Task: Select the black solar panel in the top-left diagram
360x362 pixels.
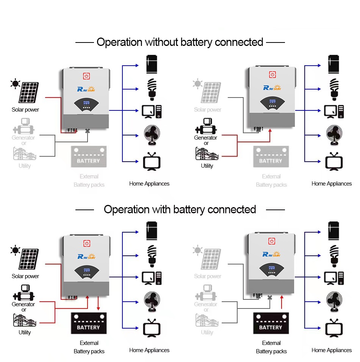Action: (29, 91)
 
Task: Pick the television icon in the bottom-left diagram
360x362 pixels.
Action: (152, 329)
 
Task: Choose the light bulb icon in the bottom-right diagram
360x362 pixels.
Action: (334, 255)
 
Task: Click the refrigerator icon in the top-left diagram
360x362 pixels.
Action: (152, 65)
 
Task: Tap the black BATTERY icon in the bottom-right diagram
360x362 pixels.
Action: (271, 323)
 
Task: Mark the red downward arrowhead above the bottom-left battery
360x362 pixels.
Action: (99, 308)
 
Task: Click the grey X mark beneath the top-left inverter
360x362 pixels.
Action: (88, 131)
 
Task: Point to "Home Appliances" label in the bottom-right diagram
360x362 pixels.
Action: (332, 350)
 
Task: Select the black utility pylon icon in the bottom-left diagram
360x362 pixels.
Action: (25, 321)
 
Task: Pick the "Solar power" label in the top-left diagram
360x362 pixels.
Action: (25, 110)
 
